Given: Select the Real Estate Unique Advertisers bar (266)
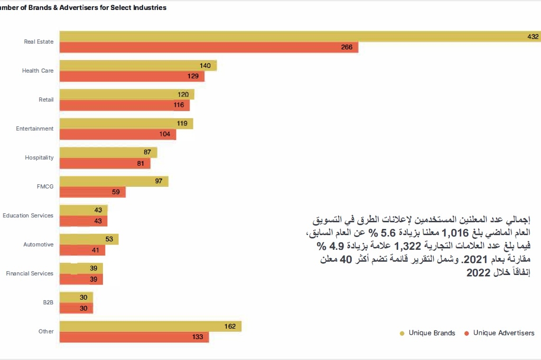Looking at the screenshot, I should point(209,47).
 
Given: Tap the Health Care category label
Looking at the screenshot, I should point(38,71).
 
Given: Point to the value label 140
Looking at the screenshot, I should point(205,66).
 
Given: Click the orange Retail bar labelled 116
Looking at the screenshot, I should point(124,105).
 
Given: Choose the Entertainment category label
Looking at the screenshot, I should point(35,129).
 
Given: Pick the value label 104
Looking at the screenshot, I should point(165,134).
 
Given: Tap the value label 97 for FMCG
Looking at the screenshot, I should point(159,181).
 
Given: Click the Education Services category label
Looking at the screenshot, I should point(28,216).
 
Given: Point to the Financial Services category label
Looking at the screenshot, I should point(30,274).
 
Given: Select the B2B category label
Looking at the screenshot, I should point(48,303).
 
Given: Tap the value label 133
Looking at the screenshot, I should point(198,337).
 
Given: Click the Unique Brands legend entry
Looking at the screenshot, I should point(431,333).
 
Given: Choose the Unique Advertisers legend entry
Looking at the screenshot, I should point(504,333).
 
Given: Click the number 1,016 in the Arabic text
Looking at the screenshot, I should point(455,233).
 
